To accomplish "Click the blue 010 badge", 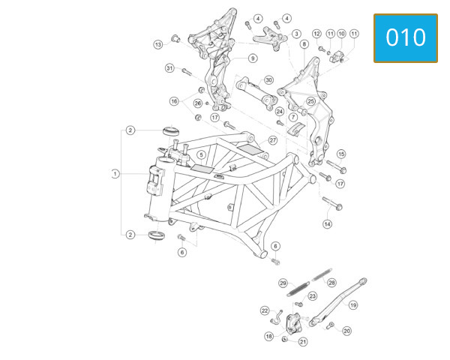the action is (406, 38).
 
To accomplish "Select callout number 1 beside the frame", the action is (115, 174).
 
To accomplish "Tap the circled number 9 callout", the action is (253, 58).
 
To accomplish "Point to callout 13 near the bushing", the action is (158, 44).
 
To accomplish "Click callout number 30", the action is (268, 79).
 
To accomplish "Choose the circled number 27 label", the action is (273, 140).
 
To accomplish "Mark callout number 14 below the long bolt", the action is (328, 224).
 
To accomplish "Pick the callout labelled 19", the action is (353, 305).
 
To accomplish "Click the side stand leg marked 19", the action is (337, 303).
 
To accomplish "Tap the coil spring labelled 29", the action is (298, 289).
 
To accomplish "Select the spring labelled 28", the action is (322, 274).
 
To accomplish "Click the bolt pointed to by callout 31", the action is (187, 71).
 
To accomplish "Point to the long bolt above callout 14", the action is (332, 203).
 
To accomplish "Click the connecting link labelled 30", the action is (256, 93).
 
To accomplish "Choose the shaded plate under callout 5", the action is (202, 169).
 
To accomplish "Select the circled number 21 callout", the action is (303, 342).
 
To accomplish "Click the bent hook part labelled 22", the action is (276, 318).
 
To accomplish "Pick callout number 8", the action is (304, 44).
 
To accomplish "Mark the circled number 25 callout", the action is (310, 101).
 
